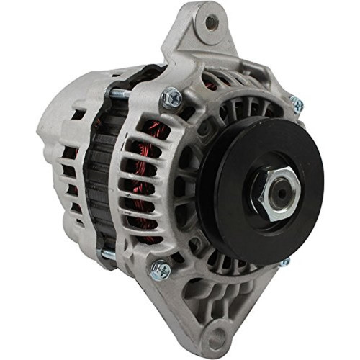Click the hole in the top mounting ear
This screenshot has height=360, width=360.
click(x=211, y=23)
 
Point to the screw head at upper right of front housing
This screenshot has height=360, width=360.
click(x=296, y=104)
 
